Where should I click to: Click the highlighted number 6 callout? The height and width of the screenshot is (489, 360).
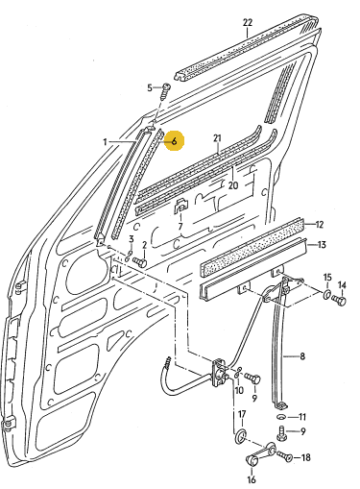174,141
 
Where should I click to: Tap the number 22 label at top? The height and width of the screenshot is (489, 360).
248,23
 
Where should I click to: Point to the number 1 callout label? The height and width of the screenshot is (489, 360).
105,141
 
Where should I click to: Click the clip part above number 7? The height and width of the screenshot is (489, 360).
180,207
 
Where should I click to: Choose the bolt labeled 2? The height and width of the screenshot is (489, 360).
140,262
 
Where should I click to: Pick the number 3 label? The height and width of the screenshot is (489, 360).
131,239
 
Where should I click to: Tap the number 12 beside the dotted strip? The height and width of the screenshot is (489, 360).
320,225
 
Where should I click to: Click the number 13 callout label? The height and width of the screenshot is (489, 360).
322,245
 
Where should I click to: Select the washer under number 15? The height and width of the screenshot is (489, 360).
326,294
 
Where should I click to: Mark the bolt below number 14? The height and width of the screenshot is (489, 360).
339,301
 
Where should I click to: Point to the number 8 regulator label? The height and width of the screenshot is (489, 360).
302,356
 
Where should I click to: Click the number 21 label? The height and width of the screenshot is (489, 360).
217,138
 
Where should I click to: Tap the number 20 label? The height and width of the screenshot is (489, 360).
233,185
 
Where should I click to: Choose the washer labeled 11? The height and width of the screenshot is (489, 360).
281,417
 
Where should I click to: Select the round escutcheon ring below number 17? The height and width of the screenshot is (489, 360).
240,437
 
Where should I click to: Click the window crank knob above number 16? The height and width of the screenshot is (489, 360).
252,461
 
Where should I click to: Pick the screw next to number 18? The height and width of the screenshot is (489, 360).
284,456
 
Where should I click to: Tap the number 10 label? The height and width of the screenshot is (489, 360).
239,390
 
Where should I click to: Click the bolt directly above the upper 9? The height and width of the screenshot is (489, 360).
252,379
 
